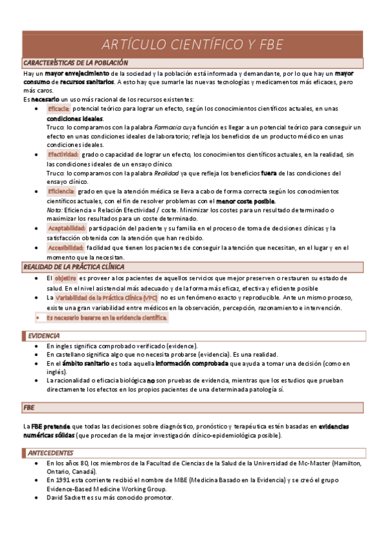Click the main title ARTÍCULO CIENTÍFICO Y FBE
(x=192, y=44)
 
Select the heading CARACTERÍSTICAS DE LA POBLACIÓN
(x=76, y=63)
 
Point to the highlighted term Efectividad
(x=63, y=155)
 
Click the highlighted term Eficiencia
(x=61, y=192)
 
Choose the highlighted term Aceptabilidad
(x=66, y=228)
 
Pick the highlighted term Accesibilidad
(x=66, y=247)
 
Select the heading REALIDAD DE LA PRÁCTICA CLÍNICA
(x=74, y=266)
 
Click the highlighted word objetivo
(x=66, y=278)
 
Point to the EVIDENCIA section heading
(x=44, y=335)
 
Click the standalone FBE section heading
(x=29, y=407)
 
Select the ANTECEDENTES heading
(x=51, y=452)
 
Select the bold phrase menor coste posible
(x=242, y=201)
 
